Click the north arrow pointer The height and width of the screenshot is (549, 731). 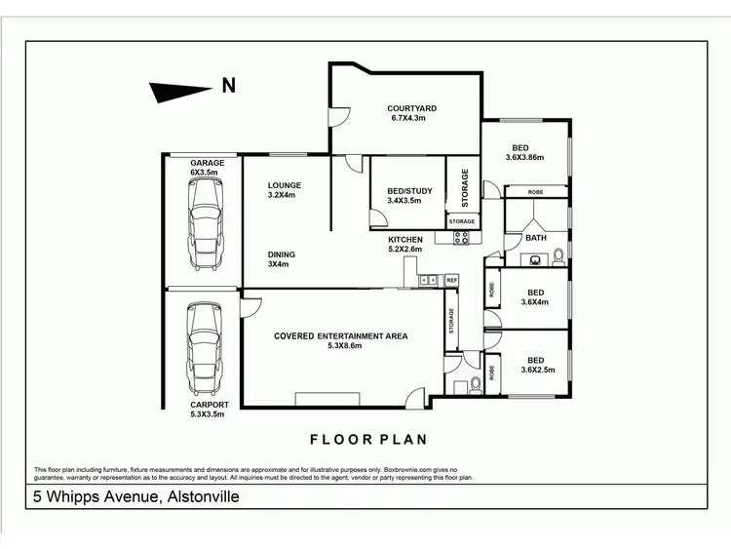tap(180, 91)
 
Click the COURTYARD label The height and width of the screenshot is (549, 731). tap(411, 108)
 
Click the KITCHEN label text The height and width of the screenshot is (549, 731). tap(405, 239)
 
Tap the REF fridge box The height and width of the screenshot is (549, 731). tap(451, 281)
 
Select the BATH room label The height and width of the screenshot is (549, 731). tap(536, 237)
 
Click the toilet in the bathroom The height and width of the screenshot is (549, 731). tap(558, 258)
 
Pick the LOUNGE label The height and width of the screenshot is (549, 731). tap(285, 185)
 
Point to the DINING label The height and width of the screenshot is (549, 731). tap(282, 255)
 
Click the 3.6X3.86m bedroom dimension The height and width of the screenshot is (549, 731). tap(524, 157)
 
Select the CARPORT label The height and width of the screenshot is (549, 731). tap(210, 405)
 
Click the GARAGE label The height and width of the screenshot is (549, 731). tap(207, 163)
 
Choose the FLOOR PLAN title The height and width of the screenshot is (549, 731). tap(368, 439)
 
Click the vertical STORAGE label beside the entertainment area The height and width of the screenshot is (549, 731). tap(451, 322)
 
